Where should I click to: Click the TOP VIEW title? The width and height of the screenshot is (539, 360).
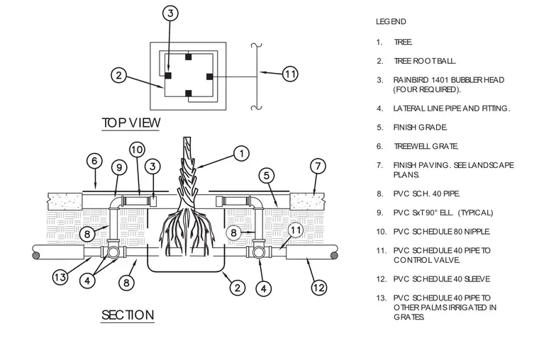pos(131,123)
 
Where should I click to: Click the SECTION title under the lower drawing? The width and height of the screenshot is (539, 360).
pos(128,315)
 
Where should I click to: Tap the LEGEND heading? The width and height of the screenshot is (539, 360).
pos(391,22)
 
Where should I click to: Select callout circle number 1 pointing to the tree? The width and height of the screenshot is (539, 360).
pos(241,153)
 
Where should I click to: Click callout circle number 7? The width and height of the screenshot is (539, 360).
pos(318,167)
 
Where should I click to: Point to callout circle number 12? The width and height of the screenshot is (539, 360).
pos(319,287)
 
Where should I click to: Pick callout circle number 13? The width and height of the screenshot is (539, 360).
pos(60,277)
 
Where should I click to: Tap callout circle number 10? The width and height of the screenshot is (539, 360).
pos(137,150)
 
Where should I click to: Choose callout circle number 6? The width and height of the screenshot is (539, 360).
pos(94,161)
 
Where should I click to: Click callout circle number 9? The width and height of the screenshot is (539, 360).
pos(119,168)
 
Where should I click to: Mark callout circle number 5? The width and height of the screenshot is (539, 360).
pos(267,176)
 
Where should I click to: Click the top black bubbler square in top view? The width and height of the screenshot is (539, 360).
pos(188,57)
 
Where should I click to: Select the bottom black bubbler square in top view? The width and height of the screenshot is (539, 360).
pos(188,93)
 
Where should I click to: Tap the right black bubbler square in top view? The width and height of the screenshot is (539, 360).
pos(209,77)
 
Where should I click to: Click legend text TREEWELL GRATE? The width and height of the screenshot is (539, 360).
pos(426,146)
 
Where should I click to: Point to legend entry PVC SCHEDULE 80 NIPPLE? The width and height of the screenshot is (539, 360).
pos(442,232)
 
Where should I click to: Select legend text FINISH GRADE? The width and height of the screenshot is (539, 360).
pos(420,128)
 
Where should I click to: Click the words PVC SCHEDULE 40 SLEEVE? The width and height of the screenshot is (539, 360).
pos(442,279)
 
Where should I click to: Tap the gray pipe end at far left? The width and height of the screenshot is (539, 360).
pos(35,255)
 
